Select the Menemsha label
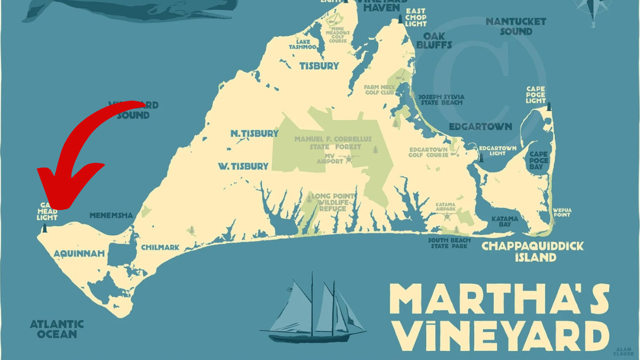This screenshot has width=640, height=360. point(111,215)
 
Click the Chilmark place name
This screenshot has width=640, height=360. point(160,247)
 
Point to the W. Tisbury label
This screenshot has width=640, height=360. point(243,166)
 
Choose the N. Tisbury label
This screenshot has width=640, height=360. point(254,133)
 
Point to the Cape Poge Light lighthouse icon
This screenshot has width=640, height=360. point(549,106)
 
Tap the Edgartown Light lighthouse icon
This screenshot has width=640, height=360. point(481,157)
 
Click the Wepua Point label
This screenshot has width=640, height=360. point(561,212)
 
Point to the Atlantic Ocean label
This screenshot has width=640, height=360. point(56,329)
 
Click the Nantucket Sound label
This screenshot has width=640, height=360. point(515,26)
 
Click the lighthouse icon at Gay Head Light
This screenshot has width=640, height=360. point(44,228)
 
